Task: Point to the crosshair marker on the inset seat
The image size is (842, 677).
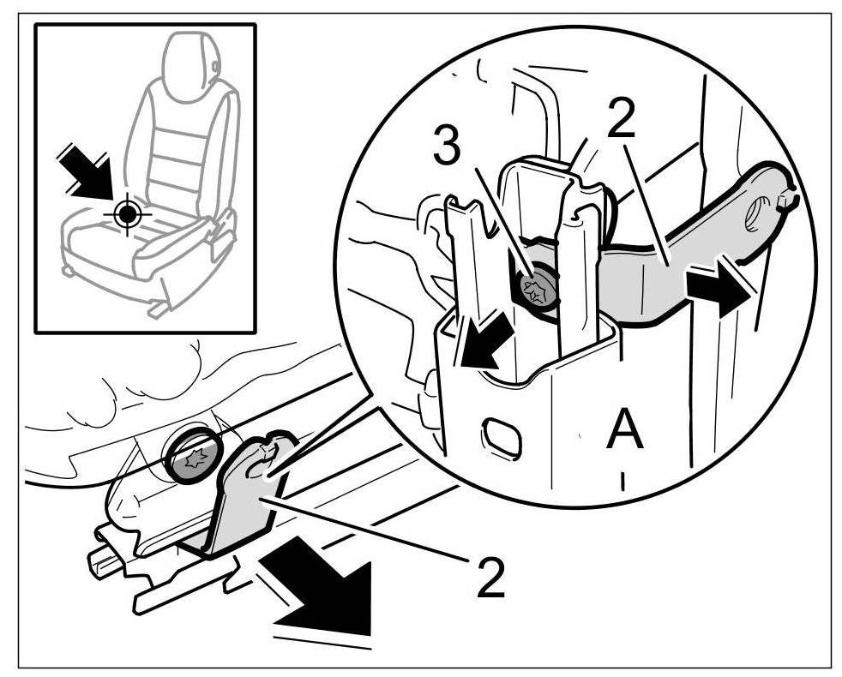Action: pyautogui.click(x=127, y=211)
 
